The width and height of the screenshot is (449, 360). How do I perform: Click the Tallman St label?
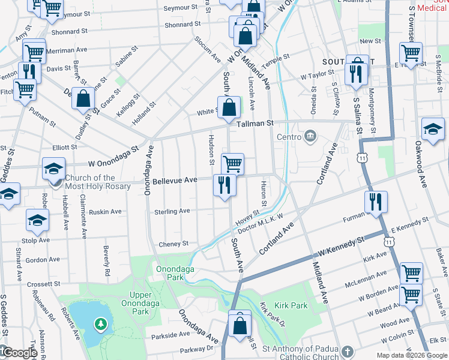click(255, 122)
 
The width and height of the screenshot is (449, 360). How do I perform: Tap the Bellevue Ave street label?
click(175, 180)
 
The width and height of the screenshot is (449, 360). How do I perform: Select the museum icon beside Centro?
click(310, 136)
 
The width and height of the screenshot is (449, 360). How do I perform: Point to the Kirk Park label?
click(291, 306)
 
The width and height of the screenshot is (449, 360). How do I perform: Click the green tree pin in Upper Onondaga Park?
click(100, 325)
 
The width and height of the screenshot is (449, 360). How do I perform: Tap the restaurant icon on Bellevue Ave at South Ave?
click(223, 185)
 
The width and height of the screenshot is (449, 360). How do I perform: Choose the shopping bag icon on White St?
click(230, 108)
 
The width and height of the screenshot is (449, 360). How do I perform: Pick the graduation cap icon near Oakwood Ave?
click(433, 129)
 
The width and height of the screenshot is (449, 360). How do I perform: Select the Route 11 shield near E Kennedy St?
click(390, 241)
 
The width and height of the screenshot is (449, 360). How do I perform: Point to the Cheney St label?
click(173, 244)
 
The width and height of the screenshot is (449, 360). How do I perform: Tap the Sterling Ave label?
click(172, 211)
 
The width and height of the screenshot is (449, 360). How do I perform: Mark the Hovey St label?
click(247, 216)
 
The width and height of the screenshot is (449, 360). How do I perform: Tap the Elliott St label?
click(65, 147)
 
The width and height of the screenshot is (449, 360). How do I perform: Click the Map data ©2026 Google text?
click(411, 355)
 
